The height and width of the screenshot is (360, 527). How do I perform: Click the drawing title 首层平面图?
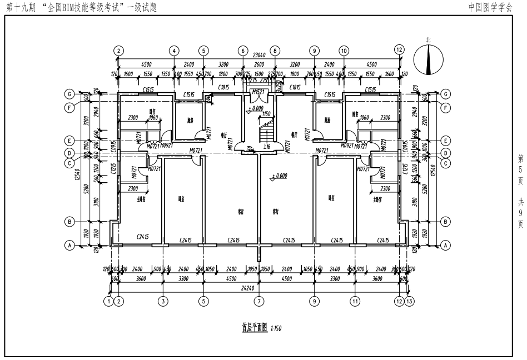(x=255, y=328)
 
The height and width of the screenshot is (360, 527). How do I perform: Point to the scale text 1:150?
(x=276, y=329)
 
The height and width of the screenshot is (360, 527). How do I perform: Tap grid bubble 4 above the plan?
(x=174, y=51)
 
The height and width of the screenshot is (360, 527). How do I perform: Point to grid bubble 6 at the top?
(x=242, y=51)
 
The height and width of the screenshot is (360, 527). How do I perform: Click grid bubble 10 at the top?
(x=344, y=51)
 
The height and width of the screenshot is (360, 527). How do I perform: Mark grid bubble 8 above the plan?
(x=275, y=51)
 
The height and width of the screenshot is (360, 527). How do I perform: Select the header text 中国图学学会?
(x=490, y=7)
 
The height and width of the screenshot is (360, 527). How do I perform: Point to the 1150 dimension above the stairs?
(x=266, y=114)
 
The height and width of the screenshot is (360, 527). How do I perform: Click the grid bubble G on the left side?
(x=71, y=94)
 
